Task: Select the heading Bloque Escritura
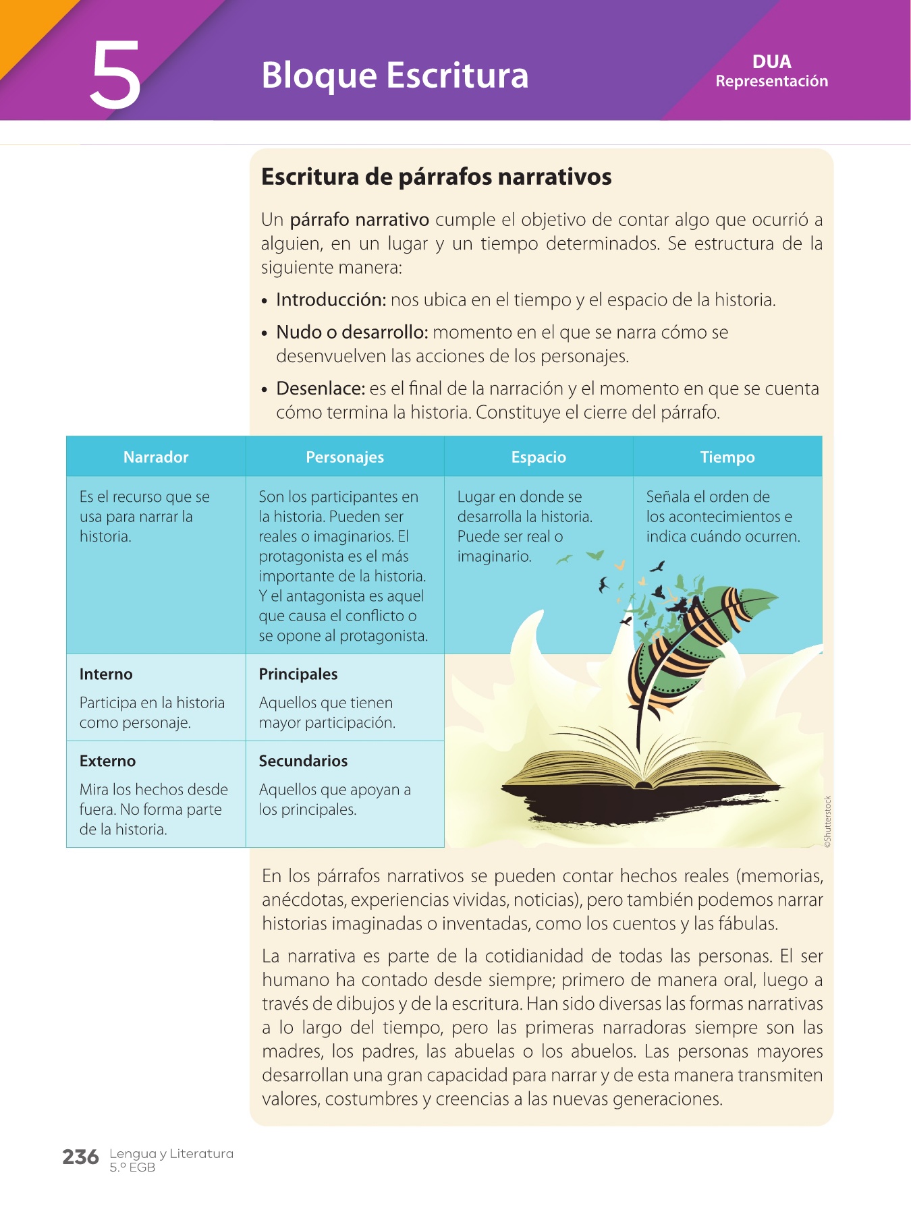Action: [395, 75]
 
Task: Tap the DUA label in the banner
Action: [771, 62]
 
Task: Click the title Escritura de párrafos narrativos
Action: [436, 177]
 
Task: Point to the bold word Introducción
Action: [331, 300]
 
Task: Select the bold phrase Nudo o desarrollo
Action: [352, 333]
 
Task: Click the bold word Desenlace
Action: [321, 389]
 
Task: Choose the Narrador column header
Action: [156, 457]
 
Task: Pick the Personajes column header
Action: [345, 457]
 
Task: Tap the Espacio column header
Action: [539, 457]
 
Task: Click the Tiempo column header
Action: [727, 457]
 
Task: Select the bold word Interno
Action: [106, 674]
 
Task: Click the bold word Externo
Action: [107, 761]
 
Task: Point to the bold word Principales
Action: [298, 674]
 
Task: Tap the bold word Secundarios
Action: [303, 761]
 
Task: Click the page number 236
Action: [80, 1157]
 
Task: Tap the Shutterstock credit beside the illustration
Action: [828, 821]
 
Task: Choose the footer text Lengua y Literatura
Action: [171, 1154]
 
